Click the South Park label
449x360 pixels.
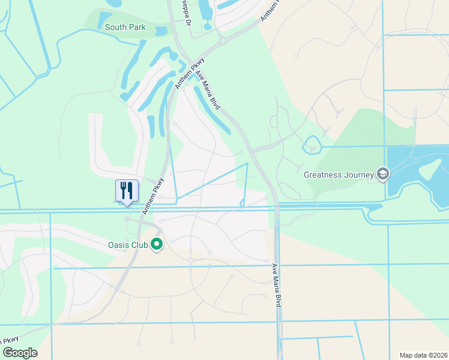125,27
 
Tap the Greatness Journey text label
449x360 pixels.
339,175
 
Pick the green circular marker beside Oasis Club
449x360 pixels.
157,244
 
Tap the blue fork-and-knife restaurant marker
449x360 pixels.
127,191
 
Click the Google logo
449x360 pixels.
20,353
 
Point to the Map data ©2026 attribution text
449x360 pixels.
423,355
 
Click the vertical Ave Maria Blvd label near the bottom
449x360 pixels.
277,285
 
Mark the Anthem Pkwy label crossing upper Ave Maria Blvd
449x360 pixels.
190,74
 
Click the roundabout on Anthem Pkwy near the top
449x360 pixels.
223,40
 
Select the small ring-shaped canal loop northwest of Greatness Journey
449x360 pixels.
312,145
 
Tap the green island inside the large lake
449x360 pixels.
434,170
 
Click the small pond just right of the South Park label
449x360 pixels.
160,30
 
